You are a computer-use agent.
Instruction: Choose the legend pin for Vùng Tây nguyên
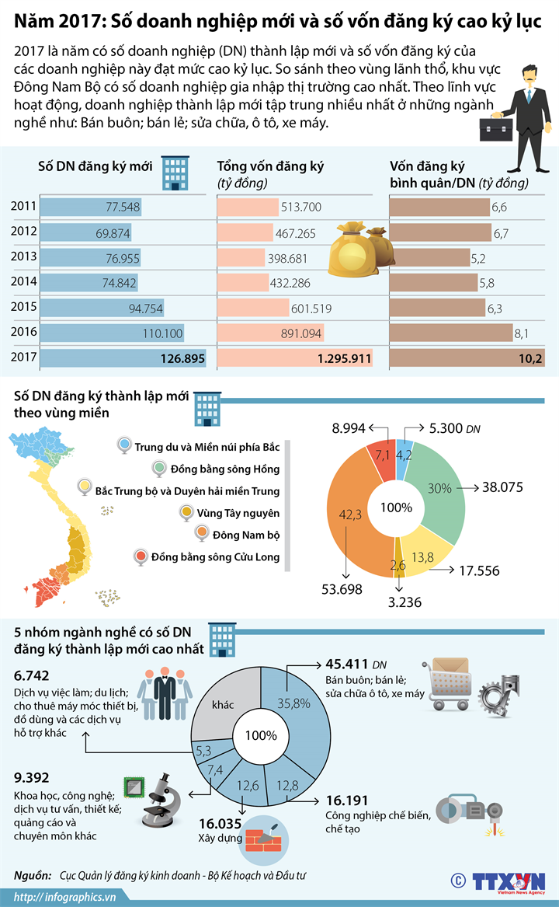pyautogui.click(x=186, y=512)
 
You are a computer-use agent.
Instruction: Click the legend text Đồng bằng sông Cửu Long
pyautogui.click(x=216, y=556)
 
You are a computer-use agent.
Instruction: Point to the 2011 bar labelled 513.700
pyautogui.click(x=248, y=207)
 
